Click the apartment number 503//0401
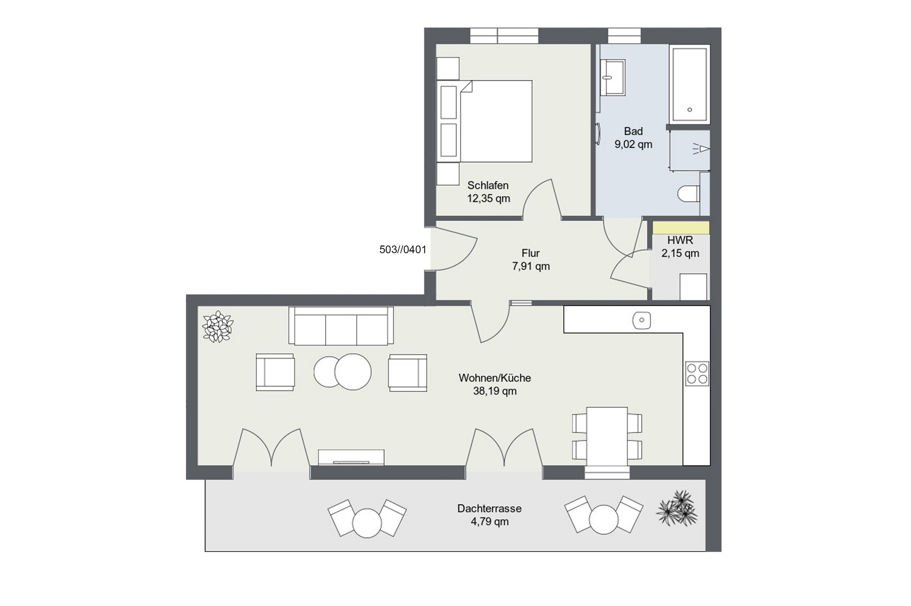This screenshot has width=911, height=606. [x=403, y=250]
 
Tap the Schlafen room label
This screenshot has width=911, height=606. [x=488, y=185]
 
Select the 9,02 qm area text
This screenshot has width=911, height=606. [x=633, y=145]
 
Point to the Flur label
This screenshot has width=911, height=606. [x=531, y=253]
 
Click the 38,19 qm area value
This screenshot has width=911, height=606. [x=495, y=391]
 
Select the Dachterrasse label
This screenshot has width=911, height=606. [x=489, y=509]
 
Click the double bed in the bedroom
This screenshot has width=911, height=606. [x=485, y=121]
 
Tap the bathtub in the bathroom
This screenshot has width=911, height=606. [x=689, y=84]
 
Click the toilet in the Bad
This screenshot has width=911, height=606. [x=689, y=194]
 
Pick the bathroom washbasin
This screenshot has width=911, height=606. [x=613, y=77]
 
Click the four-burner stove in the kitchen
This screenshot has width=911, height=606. [x=697, y=373]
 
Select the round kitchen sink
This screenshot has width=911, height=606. [x=641, y=320]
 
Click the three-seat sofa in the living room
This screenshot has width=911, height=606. [x=341, y=326]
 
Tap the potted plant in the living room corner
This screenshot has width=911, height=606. [x=218, y=327]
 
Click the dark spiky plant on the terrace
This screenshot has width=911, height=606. [x=677, y=508]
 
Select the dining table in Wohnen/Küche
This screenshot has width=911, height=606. [x=607, y=437]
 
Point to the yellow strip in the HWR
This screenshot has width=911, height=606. [x=681, y=228]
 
